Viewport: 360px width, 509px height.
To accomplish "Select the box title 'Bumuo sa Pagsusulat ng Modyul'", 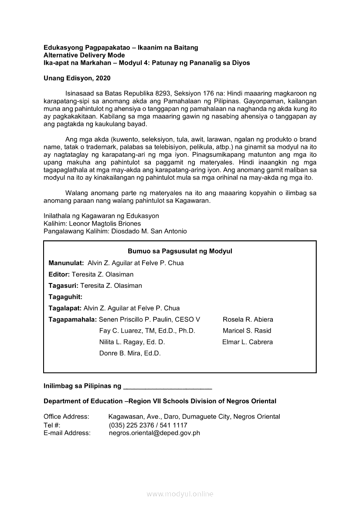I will point(180,251).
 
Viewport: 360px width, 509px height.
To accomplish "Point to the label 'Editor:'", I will point(59,274).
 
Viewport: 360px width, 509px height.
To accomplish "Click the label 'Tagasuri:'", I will point(64,286).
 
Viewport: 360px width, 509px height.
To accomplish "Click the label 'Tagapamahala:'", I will point(73,320).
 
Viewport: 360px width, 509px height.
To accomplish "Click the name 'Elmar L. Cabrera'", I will point(248,342).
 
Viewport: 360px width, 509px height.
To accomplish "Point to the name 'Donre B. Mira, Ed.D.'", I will point(130,354).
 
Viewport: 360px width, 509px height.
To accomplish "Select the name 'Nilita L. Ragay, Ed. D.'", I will point(132,342).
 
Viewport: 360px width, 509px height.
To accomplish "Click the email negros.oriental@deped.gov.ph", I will point(154,433).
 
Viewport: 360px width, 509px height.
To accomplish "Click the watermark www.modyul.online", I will point(180,494).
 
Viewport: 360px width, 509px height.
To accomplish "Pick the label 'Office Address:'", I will point(66,417).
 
